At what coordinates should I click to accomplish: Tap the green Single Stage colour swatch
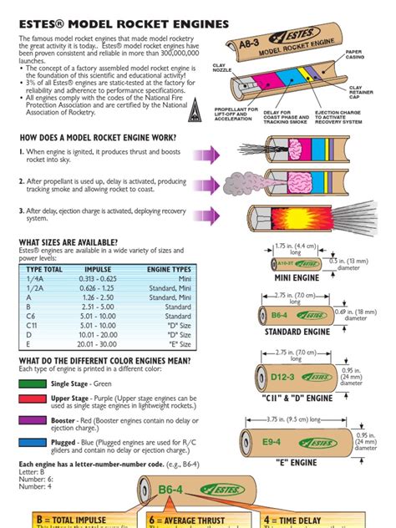[x=31, y=383]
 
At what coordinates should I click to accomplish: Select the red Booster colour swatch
[x=31, y=424]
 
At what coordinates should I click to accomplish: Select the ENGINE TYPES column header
[x=170, y=270]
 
